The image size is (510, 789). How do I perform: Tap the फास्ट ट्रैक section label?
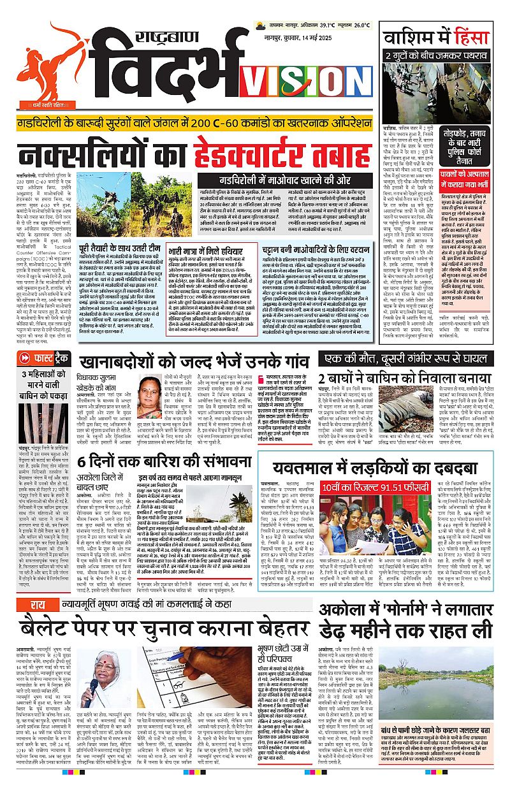43,359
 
